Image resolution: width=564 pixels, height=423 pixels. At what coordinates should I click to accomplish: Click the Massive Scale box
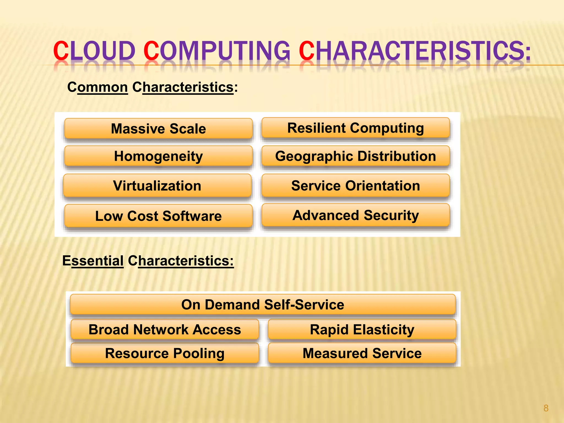pyautogui.click(x=158, y=129)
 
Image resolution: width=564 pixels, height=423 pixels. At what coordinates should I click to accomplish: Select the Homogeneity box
pyautogui.click(x=158, y=156)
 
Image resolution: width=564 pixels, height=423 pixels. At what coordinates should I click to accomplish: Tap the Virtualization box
pyautogui.click(x=157, y=186)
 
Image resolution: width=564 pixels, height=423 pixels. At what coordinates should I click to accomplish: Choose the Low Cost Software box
pyautogui.click(x=158, y=216)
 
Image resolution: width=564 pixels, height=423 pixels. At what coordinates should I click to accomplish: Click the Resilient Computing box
pyautogui.click(x=356, y=128)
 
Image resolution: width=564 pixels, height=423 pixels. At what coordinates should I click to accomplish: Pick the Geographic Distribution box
pyautogui.click(x=356, y=156)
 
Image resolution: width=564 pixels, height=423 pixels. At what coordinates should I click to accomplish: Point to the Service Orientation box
pyautogui.click(x=356, y=186)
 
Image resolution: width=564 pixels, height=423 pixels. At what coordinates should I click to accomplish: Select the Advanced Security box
pyautogui.click(x=356, y=215)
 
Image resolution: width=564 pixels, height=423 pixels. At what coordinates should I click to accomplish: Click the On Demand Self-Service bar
pyautogui.click(x=263, y=305)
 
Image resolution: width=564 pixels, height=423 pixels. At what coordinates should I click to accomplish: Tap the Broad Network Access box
pyautogui.click(x=165, y=329)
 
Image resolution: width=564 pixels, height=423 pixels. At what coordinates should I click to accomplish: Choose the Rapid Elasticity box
pyautogui.click(x=362, y=329)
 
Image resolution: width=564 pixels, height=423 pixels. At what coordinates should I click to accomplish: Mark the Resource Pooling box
pyautogui.click(x=165, y=353)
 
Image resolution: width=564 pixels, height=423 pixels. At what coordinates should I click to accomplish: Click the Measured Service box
pyautogui.click(x=362, y=353)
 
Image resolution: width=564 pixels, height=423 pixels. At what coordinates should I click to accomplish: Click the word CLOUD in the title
pyautogui.click(x=94, y=51)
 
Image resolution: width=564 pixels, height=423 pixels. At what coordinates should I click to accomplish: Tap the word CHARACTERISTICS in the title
pyautogui.click(x=414, y=51)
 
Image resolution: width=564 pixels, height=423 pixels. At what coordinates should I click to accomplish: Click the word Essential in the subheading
pyautogui.click(x=93, y=261)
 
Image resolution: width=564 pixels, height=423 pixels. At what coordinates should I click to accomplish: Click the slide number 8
pyautogui.click(x=546, y=408)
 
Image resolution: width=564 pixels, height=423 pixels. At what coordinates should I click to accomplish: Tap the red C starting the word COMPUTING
pyautogui.click(x=151, y=51)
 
